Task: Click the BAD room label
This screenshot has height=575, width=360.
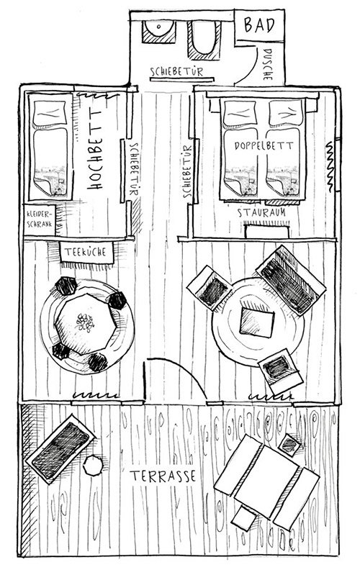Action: pos(259,25)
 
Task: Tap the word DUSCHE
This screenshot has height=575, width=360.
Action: pos(268,64)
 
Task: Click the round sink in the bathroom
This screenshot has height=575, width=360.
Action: pos(158,30)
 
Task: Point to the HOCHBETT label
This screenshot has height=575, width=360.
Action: pos(94,150)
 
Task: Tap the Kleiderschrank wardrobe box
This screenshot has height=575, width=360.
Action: pos(40,219)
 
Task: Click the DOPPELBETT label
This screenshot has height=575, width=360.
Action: pos(264,145)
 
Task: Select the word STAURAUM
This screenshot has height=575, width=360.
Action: pos(261,212)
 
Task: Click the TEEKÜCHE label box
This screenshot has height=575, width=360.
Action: pos(86,252)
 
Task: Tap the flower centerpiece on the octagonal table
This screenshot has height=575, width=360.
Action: pos(85,322)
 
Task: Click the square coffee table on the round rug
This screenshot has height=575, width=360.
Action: pos(256,322)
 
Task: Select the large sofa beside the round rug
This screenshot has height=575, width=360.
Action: pos(291,280)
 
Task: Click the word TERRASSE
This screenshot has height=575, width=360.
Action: pos(163,476)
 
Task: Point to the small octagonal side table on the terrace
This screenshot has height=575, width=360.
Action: pos(93,465)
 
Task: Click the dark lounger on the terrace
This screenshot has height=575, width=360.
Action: pos(61,449)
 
